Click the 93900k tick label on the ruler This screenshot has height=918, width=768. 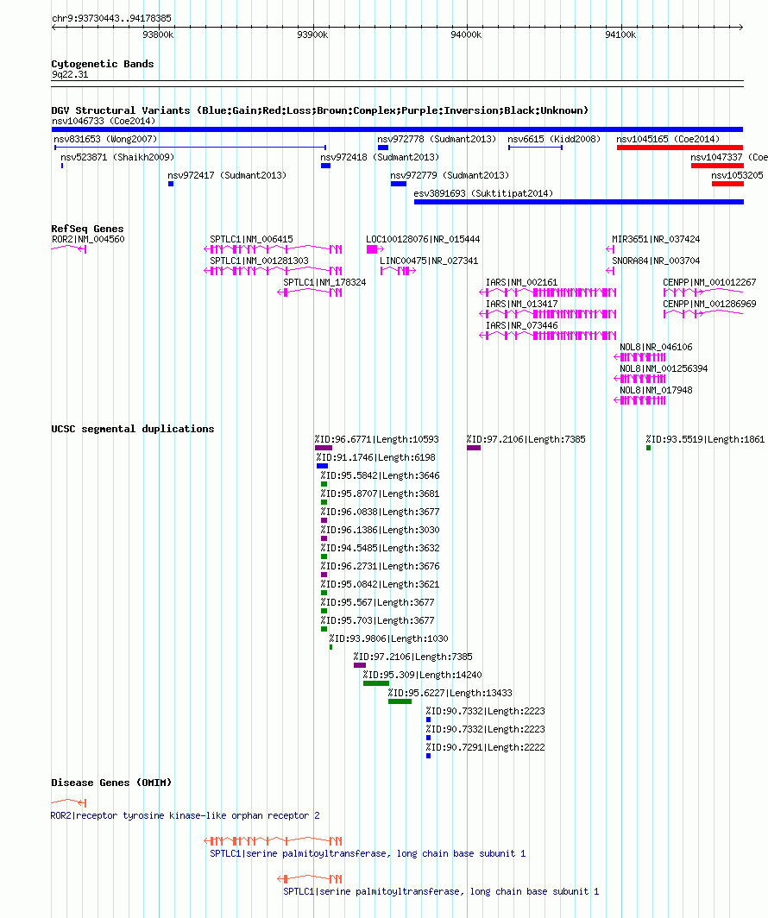(312, 35)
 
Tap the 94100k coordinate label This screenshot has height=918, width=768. (620, 35)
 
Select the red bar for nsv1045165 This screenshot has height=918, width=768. (680, 148)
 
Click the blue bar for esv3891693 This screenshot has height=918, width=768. (578, 202)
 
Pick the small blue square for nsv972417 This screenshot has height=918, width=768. (170, 184)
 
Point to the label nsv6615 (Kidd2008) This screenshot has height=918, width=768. (554, 139)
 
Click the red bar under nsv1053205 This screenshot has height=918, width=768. (727, 184)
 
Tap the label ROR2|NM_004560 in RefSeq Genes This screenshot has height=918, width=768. (88, 239)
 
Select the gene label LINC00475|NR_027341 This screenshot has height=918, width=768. (429, 261)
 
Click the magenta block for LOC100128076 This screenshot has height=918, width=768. (372, 249)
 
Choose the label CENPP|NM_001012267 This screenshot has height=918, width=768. (708, 282)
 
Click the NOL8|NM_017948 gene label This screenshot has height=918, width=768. (656, 390)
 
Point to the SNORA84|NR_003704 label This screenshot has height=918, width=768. (656, 261)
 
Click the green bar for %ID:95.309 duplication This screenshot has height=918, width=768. (376, 683)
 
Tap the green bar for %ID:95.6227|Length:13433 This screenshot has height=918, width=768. (400, 701)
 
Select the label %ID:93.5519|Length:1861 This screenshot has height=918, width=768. (705, 439)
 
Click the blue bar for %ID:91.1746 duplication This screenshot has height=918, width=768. (322, 466)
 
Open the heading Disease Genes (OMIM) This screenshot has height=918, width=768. (111, 783)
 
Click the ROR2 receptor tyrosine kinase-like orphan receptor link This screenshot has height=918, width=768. (185, 815)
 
